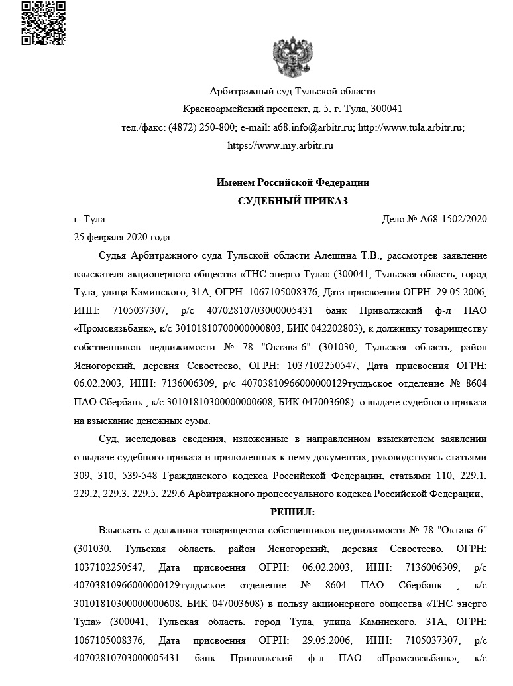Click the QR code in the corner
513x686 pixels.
pos(43,23)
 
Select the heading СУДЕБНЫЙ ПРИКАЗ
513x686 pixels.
pos(292,201)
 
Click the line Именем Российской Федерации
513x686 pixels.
pos(292,182)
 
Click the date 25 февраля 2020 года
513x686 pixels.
pos(122,237)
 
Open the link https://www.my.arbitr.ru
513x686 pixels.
pos(280,145)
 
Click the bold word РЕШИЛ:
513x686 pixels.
pos(292,512)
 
